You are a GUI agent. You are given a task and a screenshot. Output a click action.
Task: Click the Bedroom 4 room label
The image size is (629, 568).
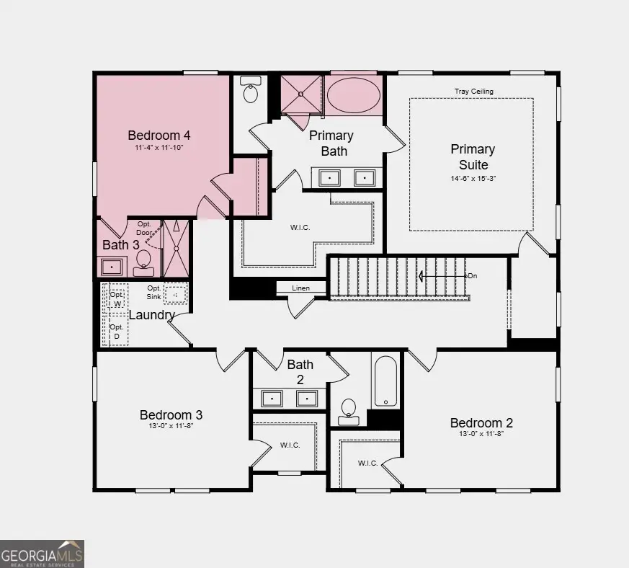(159, 135)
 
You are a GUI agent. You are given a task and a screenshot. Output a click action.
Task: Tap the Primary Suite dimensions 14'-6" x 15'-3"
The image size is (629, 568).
(473, 177)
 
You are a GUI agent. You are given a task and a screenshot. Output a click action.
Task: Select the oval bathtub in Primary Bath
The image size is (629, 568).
(353, 95)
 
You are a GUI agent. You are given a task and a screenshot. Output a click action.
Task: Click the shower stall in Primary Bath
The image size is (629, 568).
(300, 94)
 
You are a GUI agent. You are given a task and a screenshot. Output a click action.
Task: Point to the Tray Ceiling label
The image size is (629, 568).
(473, 92)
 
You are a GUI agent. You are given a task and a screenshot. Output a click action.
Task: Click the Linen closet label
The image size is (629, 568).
(300, 288)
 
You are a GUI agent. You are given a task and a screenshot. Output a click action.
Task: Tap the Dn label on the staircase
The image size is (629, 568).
(472, 276)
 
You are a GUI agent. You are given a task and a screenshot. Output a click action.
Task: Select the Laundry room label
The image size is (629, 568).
(151, 315)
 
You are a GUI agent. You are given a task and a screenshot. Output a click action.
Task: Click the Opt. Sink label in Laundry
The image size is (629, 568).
(154, 292)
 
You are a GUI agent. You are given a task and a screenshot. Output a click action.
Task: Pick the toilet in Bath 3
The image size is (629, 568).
(143, 261)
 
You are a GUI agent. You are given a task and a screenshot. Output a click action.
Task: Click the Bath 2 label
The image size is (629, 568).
(300, 372)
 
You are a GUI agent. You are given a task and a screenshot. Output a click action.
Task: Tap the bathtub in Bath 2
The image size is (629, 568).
(385, 381)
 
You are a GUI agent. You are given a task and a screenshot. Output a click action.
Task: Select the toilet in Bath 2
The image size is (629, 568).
(349, 409)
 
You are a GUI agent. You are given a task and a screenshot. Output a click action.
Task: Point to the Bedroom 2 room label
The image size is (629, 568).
(481, 423)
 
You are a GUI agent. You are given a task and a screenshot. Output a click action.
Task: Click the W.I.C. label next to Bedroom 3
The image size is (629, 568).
(290, 445)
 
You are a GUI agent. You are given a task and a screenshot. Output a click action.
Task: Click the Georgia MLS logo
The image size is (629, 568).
(42, 554)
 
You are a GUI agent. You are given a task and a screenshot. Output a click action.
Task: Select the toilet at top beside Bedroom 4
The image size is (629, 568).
(251, 92)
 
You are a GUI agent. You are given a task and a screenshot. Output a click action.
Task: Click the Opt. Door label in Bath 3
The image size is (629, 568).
(144, 228)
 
